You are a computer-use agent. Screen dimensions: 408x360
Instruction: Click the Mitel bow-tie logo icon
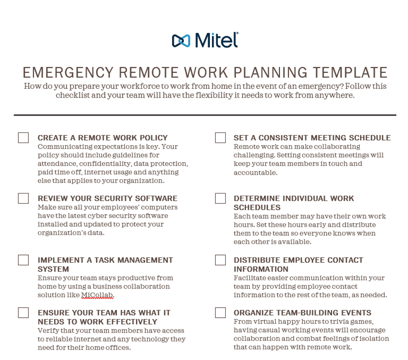(x=181, y=41)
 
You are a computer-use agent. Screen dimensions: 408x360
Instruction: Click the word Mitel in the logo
(x=217, y=40)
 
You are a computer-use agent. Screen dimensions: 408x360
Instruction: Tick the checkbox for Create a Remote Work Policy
(x=24, y=138)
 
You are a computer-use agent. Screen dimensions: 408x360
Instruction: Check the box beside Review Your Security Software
(x=24, y=198)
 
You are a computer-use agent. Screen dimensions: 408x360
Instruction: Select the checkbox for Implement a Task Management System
(x=24, y=260)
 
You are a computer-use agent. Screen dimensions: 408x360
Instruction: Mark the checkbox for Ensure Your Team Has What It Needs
(x=24, y=312)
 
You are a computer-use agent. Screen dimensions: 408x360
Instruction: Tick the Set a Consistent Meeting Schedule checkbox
(x=221, y=138)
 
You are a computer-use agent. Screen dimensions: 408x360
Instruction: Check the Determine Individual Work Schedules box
(x=221, y=198)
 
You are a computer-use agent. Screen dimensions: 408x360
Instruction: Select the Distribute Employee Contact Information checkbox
(x=221, y=260)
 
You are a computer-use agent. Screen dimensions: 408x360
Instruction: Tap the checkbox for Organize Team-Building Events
(x=221, y=312)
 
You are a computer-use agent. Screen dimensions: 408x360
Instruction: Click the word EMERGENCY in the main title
(x=68, y=73)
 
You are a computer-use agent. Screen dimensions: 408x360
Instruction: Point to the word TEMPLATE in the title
(x=350, y=73)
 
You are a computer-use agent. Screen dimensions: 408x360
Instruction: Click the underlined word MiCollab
(x=98, y=295)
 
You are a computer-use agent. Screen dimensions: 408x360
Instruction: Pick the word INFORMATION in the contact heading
(x=261, y=269)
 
